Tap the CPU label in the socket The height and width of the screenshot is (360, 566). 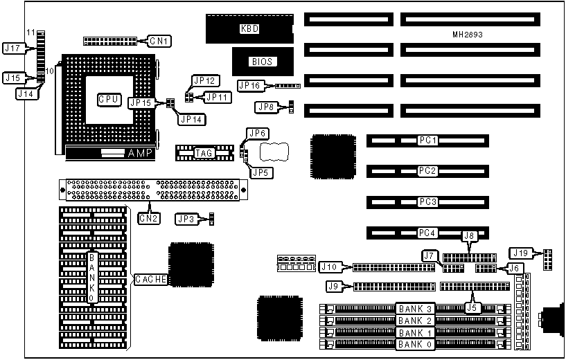109,100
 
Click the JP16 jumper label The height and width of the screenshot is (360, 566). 249,86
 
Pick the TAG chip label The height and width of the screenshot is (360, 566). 204,153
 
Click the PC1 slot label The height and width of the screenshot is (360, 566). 427,141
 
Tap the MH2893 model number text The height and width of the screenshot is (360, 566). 468,34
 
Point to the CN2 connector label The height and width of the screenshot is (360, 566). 148,219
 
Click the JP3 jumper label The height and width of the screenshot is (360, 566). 185,219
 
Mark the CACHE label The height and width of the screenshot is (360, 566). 149,279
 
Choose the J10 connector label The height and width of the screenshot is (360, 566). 329,267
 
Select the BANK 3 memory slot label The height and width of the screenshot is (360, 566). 415,309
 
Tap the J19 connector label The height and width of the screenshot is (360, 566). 522,252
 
